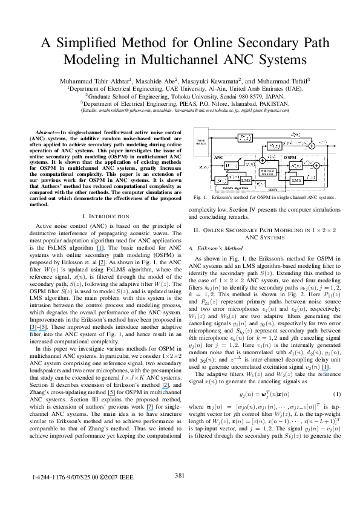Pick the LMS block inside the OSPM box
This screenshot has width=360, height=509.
pos(296,180)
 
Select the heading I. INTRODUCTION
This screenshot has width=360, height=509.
pos(106,216)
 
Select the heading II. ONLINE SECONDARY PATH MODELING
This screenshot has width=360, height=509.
pos(265,231)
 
